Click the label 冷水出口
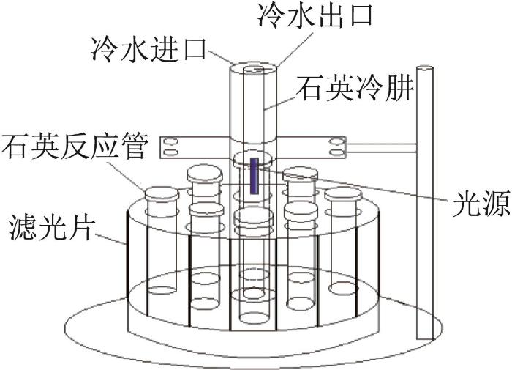pyautogui.click(x=315, y=15)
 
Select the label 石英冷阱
pyautogui.click(x=354, y=89)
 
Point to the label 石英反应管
pyautogui.click(x=75, y=147)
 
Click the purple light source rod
pyautogui.click(x=255, y=176)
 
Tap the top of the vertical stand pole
pyautogui.click(x=425, y=68)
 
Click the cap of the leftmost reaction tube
pyautogui.click(x=162, y=193)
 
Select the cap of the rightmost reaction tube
pyautogui.click(x=343, y=193)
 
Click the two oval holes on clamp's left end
pyautogui.click(x=170, y=147)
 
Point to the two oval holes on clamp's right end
pyautogui.click(x=337, y=147)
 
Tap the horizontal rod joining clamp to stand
pyautogui.click(x=381, y=149)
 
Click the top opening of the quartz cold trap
pyautogui.click(x=253, y=70)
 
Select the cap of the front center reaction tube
pyautogui.click(x=254, y=215)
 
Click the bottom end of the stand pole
pyautogui.click(x=425, y=339)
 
